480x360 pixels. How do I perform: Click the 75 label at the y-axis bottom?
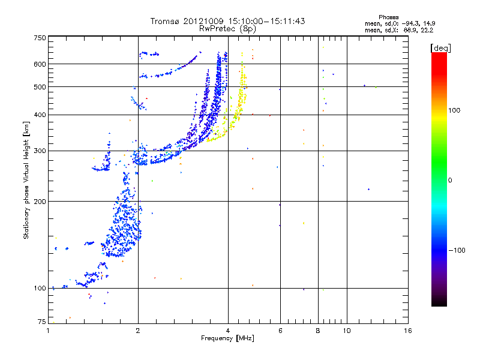pos(41,321)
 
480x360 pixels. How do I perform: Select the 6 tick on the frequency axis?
pos(280,331)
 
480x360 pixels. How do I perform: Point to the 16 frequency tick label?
pos(407,331)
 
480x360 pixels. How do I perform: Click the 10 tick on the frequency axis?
pos(346,331)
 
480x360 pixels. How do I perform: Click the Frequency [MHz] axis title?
pos(227,339)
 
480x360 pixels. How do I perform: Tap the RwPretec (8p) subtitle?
pos(227,28)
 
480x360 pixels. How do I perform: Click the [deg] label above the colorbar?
pos(440,47)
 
